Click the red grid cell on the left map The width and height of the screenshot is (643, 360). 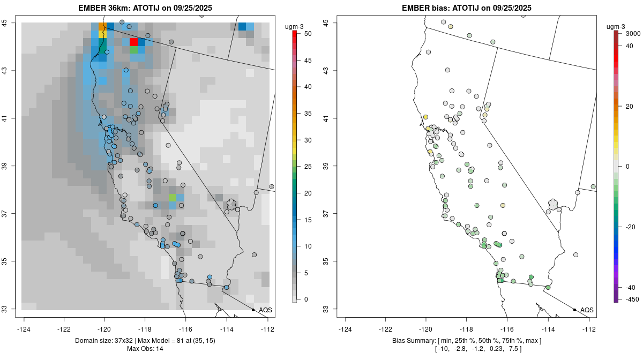tap(134, 42)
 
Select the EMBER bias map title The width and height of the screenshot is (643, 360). tap(467, 8)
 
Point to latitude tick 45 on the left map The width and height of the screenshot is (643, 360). tap(12, 22)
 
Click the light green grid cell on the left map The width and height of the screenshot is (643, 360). tap(173, 197)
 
